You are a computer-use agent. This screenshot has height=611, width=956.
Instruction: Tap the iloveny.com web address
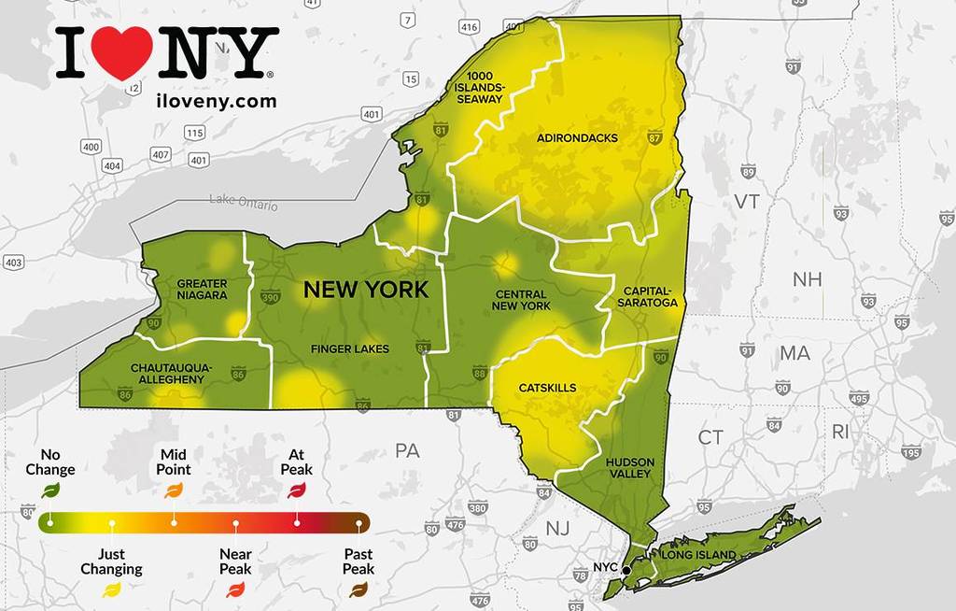(216, 101)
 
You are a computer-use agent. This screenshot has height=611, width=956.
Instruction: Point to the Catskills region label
(546, 388)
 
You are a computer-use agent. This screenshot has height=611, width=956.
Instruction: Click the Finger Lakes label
(350, 349)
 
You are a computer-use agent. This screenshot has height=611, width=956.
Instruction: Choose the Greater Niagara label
(202, 289)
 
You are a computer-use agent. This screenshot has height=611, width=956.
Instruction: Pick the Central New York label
(522, 300)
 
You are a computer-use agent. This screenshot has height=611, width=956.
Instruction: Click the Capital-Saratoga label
(649, 296)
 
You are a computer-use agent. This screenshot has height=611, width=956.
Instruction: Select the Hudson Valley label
(628, 468)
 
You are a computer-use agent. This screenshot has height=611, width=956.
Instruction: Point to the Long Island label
(698, 556)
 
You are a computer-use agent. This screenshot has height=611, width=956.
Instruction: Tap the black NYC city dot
(627, 569)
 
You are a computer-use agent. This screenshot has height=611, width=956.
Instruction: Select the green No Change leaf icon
(50, 490)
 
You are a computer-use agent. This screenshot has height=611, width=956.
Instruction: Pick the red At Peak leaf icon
(297, 490)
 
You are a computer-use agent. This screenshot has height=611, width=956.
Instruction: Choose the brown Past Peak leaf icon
(358, 590)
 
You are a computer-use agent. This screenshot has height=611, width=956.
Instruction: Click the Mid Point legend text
(174, 462)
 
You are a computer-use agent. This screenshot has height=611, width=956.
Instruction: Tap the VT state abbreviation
(747, 202)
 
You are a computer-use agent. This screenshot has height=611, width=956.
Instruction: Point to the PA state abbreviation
(407, 451)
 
